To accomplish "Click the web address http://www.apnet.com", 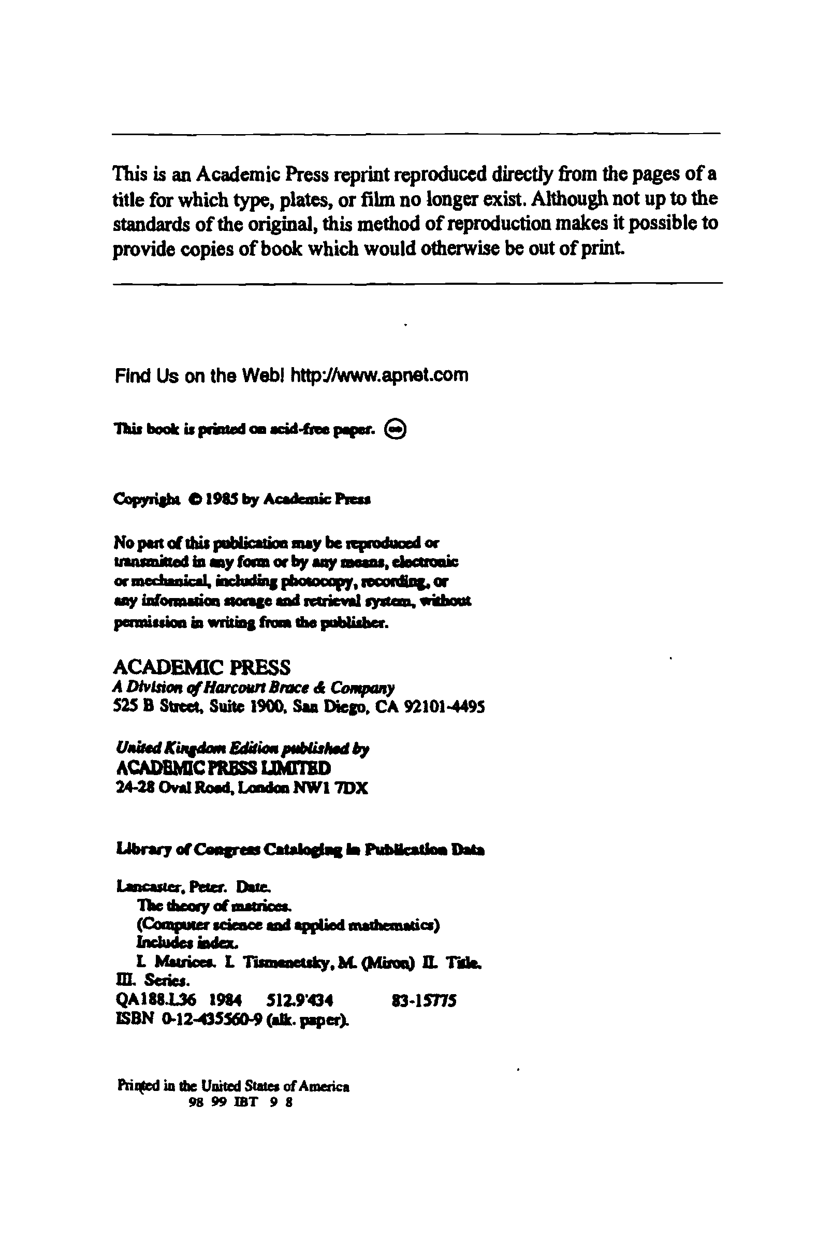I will [x=379, y=376].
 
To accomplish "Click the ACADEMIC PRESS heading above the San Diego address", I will [x=202, y=666].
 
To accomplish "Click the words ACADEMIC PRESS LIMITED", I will [x=223, y=768].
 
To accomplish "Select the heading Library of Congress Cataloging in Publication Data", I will [x=299, y=850].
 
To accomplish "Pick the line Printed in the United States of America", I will [x=233, y=1086].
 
